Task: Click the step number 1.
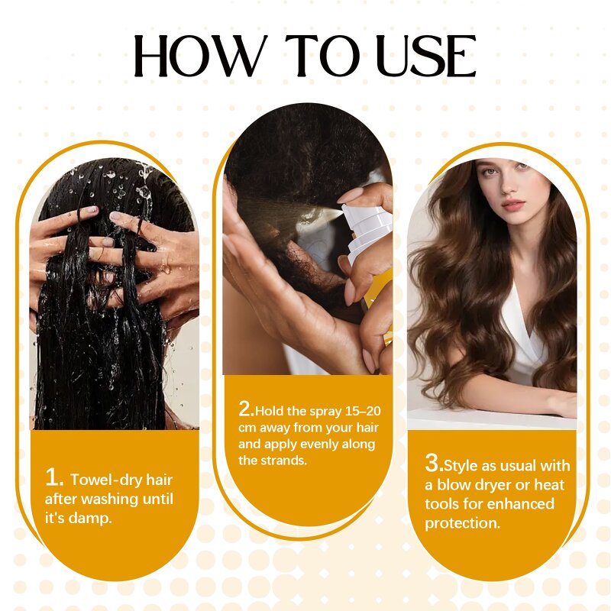(53, 478)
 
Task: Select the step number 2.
(246, 409)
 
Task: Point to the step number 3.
(434, 463)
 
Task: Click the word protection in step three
(462, 523)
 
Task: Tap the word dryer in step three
(490, 485)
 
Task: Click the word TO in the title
(319, 56)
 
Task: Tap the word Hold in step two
(270, 411)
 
